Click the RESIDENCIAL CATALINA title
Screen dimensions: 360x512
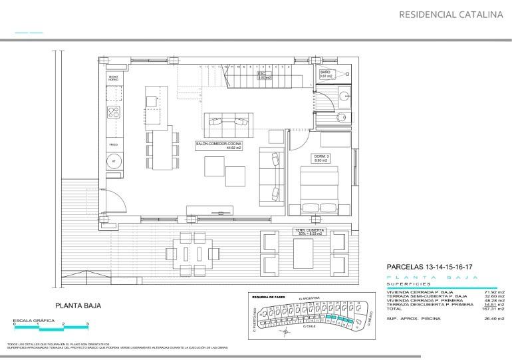pyautogui.click(x=450, y=14)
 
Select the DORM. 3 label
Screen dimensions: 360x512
pyautogui.click(x=322, y=158)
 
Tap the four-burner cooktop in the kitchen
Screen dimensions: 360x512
pyautogui.click(x=114, y=112)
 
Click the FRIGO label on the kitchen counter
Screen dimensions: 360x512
pyautogui.click(x=113, y=144)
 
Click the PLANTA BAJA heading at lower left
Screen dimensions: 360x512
pyautogui.click(x=78, y=307)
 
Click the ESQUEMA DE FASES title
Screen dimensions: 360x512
pyautogui.click(x=269, y=296)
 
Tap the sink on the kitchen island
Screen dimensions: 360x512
pyautogui.click(x=152, y=101)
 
